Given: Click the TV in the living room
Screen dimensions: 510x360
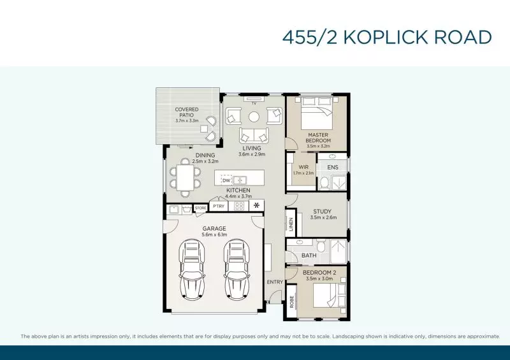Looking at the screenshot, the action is pos(254,99).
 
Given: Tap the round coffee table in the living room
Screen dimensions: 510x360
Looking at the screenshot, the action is pos(254,117).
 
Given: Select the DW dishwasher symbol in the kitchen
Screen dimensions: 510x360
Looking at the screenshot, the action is pos(226,180).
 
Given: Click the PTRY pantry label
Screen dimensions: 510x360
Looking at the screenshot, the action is pos(219,206).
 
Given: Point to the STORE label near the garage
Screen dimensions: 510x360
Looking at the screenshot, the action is pos(200,208).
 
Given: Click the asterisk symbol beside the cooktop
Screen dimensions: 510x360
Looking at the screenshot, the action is pos(256,206).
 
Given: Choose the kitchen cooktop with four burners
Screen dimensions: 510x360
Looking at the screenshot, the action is pos(239,206).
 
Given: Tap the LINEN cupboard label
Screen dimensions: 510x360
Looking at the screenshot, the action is pos(291,224).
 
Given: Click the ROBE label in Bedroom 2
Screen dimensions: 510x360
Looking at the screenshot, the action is pos(292,301).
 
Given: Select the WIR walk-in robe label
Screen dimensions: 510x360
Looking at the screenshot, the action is pos(303,167).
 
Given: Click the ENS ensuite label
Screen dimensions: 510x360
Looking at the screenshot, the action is pos(333,167).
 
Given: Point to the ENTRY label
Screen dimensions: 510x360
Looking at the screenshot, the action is pos(275,282).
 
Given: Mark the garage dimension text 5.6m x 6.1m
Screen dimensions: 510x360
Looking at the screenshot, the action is pos(214,234).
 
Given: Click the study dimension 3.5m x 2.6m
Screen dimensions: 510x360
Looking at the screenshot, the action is pos(323,217).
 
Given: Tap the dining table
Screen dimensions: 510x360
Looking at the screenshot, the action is pos(185,178).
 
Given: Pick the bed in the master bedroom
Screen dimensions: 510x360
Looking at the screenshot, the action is pos(317,113).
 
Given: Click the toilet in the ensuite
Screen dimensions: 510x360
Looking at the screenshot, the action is pos(324,184).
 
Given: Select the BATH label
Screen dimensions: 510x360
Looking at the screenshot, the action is pos(309,256).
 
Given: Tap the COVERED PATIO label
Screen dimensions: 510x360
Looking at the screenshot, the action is pos(187,112).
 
